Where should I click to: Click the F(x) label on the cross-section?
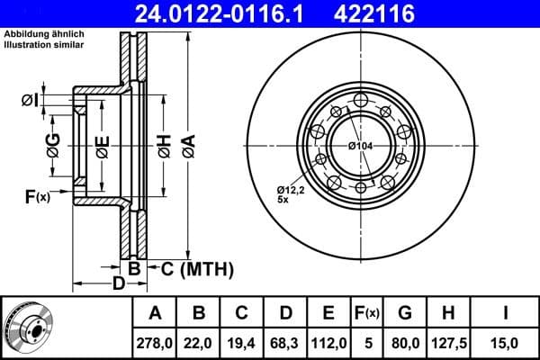tap(37, 196)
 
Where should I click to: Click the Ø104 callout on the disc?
tap(361, 145)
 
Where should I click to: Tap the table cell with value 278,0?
tap(155, 342)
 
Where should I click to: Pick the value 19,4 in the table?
tap(242, 342)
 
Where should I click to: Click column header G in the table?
tap(406, 314)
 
